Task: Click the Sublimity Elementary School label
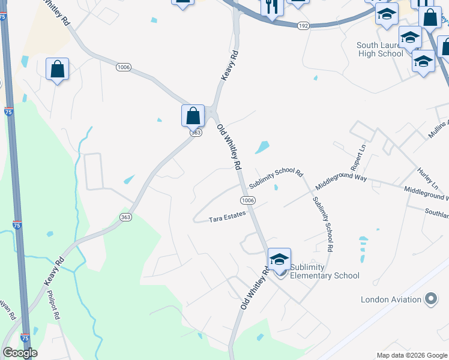tap(324, 271)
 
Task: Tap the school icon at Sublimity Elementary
tap(279, 259)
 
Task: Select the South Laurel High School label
tap(380, 49)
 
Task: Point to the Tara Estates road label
tap(228, 220)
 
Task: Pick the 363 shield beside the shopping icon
tap(195, 133)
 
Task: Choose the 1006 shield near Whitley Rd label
tap(124, 67)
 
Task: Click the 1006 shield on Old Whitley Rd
tap(248, 200)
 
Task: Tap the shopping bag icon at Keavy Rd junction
tap(193, 115)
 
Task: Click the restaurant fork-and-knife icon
tap(271, 7)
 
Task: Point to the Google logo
tap(20, 353)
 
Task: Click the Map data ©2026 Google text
tap(412, 355)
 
